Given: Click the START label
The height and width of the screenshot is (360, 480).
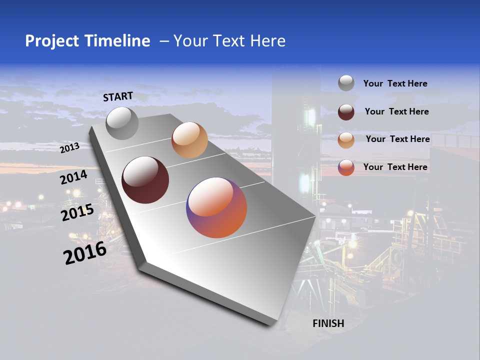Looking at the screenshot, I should (x=118, y=96).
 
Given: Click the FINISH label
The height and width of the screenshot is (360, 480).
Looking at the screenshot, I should (x=328, y=323).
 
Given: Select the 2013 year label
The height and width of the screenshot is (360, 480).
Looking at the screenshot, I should (x=70, y=147).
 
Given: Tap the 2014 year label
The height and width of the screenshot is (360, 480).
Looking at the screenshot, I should (x=73, y=177).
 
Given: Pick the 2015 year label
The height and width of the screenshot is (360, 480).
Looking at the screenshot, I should (x=77, y=213).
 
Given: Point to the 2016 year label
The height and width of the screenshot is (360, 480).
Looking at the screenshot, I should (x=85, y=253).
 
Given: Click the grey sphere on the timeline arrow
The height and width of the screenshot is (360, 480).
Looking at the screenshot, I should (x=122, y=123).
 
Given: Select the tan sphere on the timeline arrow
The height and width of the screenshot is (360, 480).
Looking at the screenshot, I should (x=189, y=140).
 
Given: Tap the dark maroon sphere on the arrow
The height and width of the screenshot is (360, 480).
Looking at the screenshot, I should (x=145, y=180).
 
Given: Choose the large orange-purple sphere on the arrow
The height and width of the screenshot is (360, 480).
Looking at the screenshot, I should (x=216, y=207).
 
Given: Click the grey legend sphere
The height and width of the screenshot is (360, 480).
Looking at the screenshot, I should (x=346, y=83).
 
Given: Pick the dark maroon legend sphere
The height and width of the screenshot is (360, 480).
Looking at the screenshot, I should (x=346, y=112).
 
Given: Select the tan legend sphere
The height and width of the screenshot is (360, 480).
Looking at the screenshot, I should (x=346, y=140).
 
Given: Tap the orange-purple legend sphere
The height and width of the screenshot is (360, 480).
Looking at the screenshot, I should (x=346, y=167).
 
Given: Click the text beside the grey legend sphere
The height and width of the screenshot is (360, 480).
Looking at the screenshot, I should (x=395, y=83).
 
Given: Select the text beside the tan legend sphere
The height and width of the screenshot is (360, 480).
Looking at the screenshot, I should (x=397, y=139).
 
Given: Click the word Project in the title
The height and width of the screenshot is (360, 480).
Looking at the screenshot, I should (x=52, y=41).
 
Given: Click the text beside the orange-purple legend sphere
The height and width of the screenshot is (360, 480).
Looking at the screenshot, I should (x=395, y=167).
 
